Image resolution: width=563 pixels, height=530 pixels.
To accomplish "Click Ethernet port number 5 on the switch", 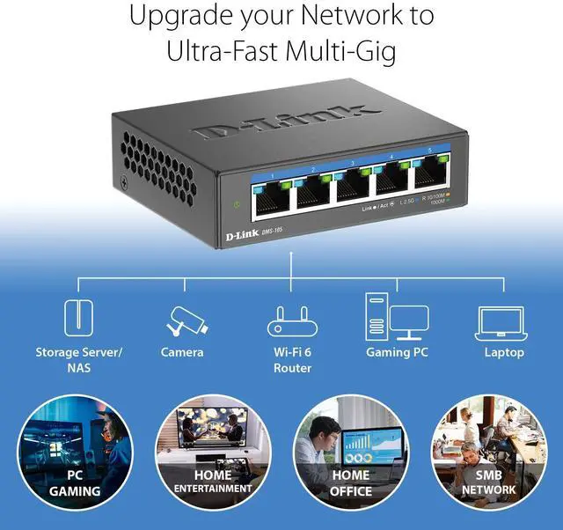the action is (431, 185).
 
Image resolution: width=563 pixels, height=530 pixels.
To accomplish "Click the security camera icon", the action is (186, 320).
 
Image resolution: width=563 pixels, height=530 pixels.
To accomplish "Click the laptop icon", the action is (503, 323).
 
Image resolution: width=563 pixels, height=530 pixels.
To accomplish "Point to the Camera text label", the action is (182, 352).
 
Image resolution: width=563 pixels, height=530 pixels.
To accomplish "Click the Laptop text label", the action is (504, 352).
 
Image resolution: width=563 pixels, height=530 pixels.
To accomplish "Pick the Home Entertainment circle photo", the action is (213, 453).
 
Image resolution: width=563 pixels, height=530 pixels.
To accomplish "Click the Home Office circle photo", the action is (350, 453).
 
